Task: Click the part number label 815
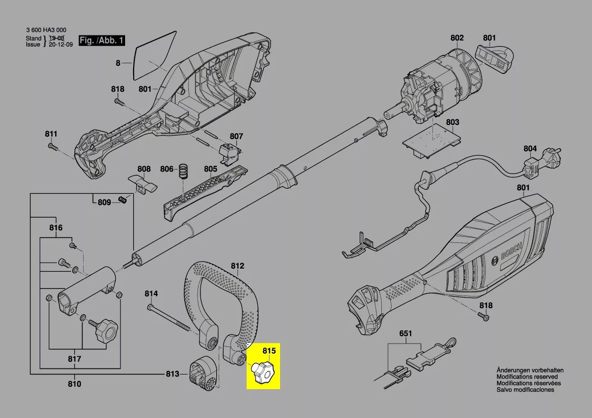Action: pos(269,350)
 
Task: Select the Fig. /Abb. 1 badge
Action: pos(101,40)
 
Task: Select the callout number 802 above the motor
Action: pos(457,37)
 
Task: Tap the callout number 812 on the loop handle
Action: pos(238,266)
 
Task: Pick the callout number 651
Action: pos(406,333)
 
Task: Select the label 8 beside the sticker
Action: pos(118,63)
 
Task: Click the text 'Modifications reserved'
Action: pos(527,377)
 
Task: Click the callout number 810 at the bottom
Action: pos(74,384)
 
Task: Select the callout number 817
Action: pos(74,359)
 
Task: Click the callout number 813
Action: pos(172,374)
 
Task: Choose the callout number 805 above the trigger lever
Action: pos(211,169)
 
